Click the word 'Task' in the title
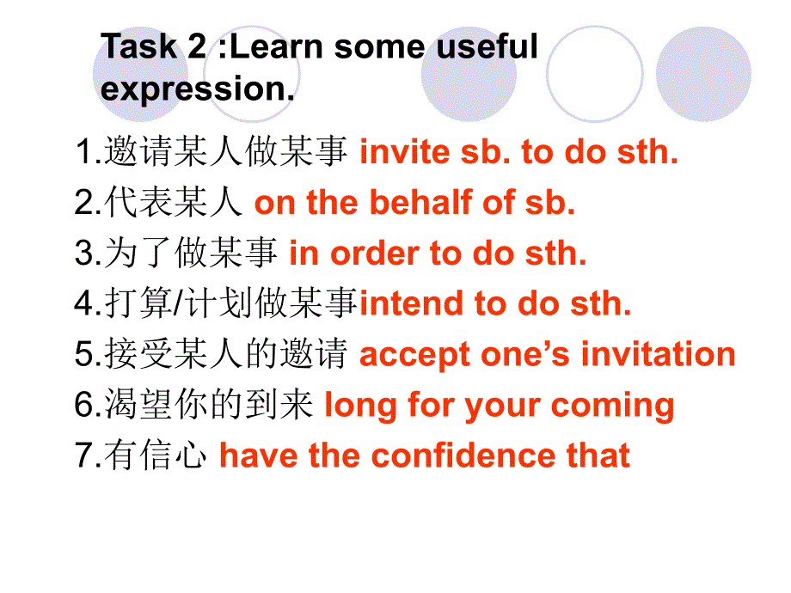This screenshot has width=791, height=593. pyautogui.click(x=139, y=46)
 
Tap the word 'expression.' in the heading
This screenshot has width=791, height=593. pyautogui.click(x=197, y=89)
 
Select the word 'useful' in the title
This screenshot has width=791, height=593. pyautogui.click(x=487, y=46)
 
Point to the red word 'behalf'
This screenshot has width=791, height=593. pyautogui.click(x=423, y=202)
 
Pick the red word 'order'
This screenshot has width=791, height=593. pyautogui.click(x=374, y=254)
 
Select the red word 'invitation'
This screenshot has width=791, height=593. pyautogui.click(x=659, y=353)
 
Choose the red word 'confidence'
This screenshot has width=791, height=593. pyautogui.click(x=463, y=455)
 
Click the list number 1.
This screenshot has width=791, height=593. pyautogui.click(x=84, y=151)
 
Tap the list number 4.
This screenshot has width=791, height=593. pyautogui.click(x=83, y=303)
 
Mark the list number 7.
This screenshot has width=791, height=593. pyautogui.click(x=83, y=455)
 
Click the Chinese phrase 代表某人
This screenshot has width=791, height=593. pyautogui.click(x=174, y=202)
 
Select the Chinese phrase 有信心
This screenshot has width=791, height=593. pyautogui.click(x=156, y=455)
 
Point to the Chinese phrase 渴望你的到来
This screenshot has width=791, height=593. pyautogui.click(x=208, y=405)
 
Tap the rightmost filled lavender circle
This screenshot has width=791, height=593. pyautogui.click(x=703, y=74)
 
